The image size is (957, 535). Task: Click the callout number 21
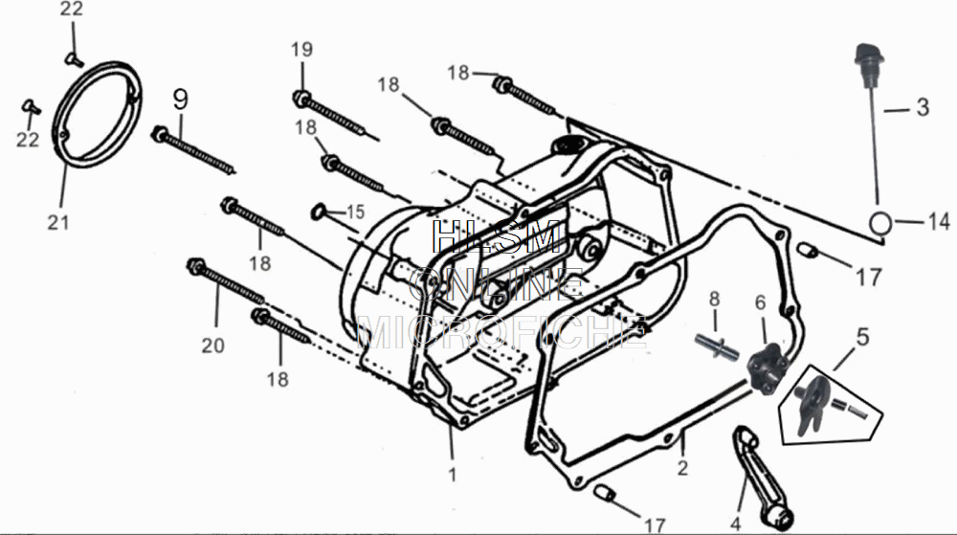click(58, 222)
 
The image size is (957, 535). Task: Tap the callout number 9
click(181, 98)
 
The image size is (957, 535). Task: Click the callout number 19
click(301, 49)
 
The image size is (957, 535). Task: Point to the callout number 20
click(212, 346)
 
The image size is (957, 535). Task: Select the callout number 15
click(355, 212)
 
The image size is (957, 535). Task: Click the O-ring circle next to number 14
click(881, 222)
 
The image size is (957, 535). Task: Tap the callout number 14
click(938, 222)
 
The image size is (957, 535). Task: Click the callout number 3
click(922, 107)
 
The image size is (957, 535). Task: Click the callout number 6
click(761, 302)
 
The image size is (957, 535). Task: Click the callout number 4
click(735, 523)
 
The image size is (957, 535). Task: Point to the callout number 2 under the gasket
click(682, 468)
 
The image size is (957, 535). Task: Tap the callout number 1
click(453, 474)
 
